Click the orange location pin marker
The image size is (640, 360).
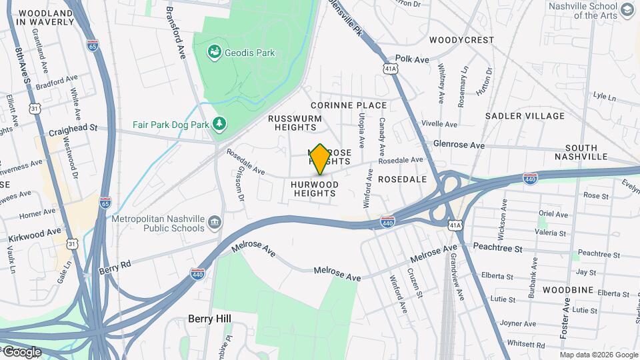point(320,159)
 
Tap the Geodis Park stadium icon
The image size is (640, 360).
point(214,52)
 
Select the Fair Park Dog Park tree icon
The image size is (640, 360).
point(219,124)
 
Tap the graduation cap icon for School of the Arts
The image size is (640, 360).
point(627,10)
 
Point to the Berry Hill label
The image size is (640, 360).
point(209,319)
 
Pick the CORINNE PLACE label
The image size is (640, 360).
point(349,105)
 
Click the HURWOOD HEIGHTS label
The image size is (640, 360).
point(315,189)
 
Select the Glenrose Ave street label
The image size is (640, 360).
point(459,144)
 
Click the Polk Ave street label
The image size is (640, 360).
point(412,59)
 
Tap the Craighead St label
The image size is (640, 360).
point(73,127)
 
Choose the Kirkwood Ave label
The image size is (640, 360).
point(35,235)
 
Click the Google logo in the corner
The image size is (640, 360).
point(22,351)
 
